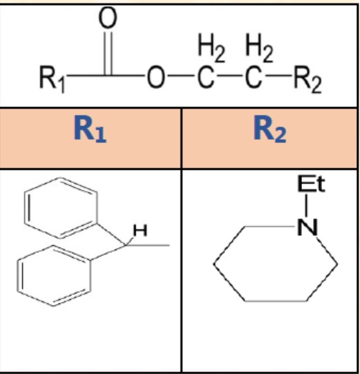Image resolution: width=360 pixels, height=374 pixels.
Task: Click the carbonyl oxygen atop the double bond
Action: coord(108,17)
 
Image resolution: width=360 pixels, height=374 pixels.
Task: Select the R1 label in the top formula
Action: coord(52,79)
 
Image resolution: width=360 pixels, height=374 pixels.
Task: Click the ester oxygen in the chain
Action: coord(156,77)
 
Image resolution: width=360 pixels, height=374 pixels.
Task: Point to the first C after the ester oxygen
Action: coord(205,77)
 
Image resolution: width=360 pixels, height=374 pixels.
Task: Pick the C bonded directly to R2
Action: coord(253,77)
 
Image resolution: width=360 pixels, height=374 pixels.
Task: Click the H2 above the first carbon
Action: coord(211,48)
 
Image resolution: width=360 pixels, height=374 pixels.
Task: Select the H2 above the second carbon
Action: coord(259,48)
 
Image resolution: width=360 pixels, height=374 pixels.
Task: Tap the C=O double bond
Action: coord(108,53)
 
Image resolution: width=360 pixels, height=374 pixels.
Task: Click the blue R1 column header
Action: coord(90,129)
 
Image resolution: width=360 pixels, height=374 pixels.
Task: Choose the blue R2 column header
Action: coord(269,129)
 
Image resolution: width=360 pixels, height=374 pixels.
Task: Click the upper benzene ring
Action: coord(97,207)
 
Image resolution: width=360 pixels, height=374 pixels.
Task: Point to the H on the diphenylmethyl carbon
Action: coord(140,230)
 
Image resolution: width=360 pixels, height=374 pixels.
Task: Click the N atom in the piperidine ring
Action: coord(307,227)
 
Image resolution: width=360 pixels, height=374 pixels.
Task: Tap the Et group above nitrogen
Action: coord(311,184)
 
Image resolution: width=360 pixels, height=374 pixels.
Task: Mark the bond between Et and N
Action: coord(306,205)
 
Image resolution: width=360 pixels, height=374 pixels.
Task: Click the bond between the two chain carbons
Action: coord(229,76)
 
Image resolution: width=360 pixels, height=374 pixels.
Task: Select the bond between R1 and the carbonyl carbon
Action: coord(86,75)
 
